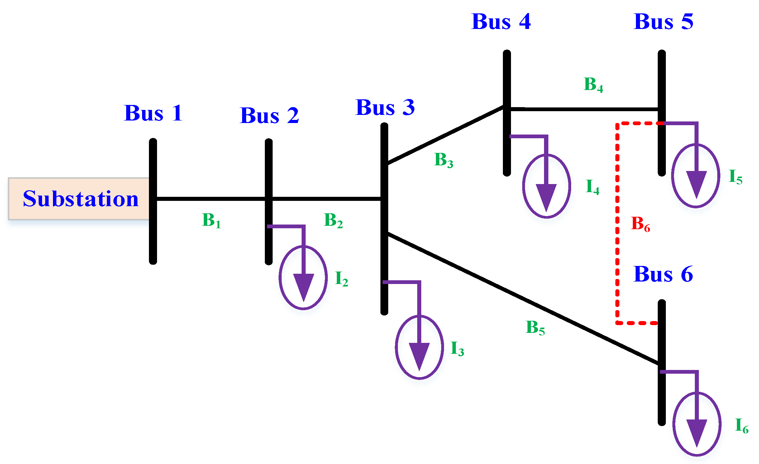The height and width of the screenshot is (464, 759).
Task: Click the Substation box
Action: point(79,199)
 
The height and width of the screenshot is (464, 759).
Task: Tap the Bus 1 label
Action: point(153,113)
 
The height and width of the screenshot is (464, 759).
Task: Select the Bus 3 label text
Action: point(385,108)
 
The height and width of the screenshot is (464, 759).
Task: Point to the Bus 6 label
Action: point(663,274)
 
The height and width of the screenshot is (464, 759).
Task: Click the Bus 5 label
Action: point(664,22)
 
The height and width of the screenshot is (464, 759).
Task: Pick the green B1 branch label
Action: point(211,220)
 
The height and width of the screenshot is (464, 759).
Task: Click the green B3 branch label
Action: point(443,160)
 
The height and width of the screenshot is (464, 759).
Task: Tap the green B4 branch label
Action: point(593,85)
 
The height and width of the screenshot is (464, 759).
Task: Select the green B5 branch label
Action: point(535,328)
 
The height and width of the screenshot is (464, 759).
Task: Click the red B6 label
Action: point(640,224)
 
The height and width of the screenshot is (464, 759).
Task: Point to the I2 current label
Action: point(341,278)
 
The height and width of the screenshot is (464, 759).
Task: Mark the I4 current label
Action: point(592,187)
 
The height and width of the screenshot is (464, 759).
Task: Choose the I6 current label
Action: point(742,426)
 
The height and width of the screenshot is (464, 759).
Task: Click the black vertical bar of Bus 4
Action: point(507,78)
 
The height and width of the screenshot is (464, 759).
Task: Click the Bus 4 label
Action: point(501,22)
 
